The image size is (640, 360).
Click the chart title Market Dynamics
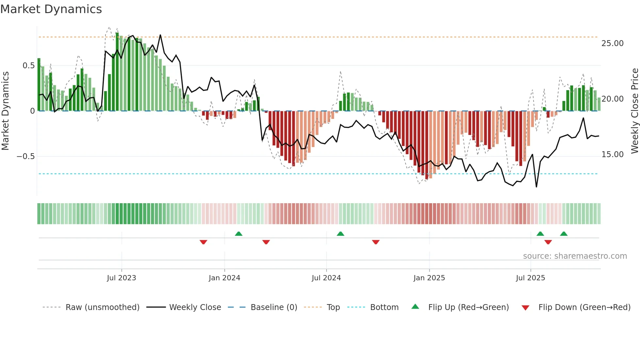[x=51, y=9]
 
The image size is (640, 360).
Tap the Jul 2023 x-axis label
[x=121, y=278]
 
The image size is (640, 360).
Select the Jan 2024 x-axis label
[x=224, y=278]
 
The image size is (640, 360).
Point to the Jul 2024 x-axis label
[x=326, y=278]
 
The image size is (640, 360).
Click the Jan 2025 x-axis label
[x=429, y=278]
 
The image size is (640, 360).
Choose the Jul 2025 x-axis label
[x=531, y=278]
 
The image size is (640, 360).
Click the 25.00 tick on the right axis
[x=612, y=43]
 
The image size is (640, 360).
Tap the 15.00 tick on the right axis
[x=612, y=155]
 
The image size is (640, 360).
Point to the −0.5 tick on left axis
[x=25, y=156]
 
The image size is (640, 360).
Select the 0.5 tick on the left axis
[x=28, y=66]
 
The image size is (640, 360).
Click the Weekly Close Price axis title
[x=634, y=111]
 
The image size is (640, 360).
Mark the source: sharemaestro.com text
[x=575, y=256]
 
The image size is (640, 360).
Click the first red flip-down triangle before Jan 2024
[x=203, y=242]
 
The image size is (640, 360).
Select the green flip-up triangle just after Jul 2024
[x=340, y=234]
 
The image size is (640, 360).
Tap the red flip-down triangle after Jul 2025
[x=548, y=242]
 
